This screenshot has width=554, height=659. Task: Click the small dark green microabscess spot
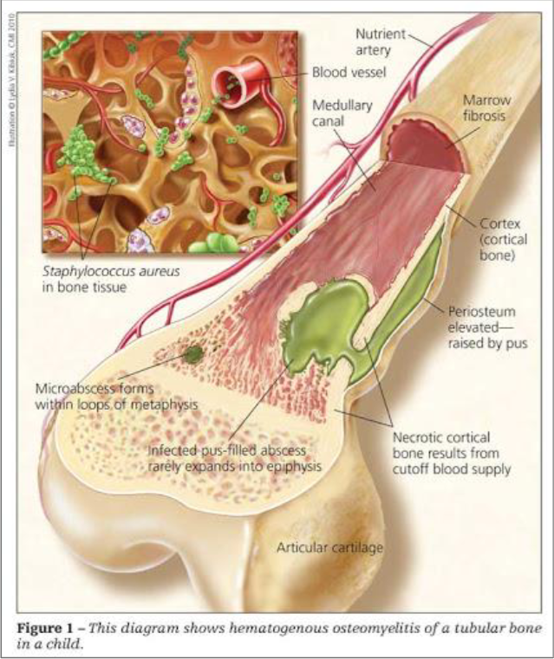193,353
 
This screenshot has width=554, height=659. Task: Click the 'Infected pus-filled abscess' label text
233,451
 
